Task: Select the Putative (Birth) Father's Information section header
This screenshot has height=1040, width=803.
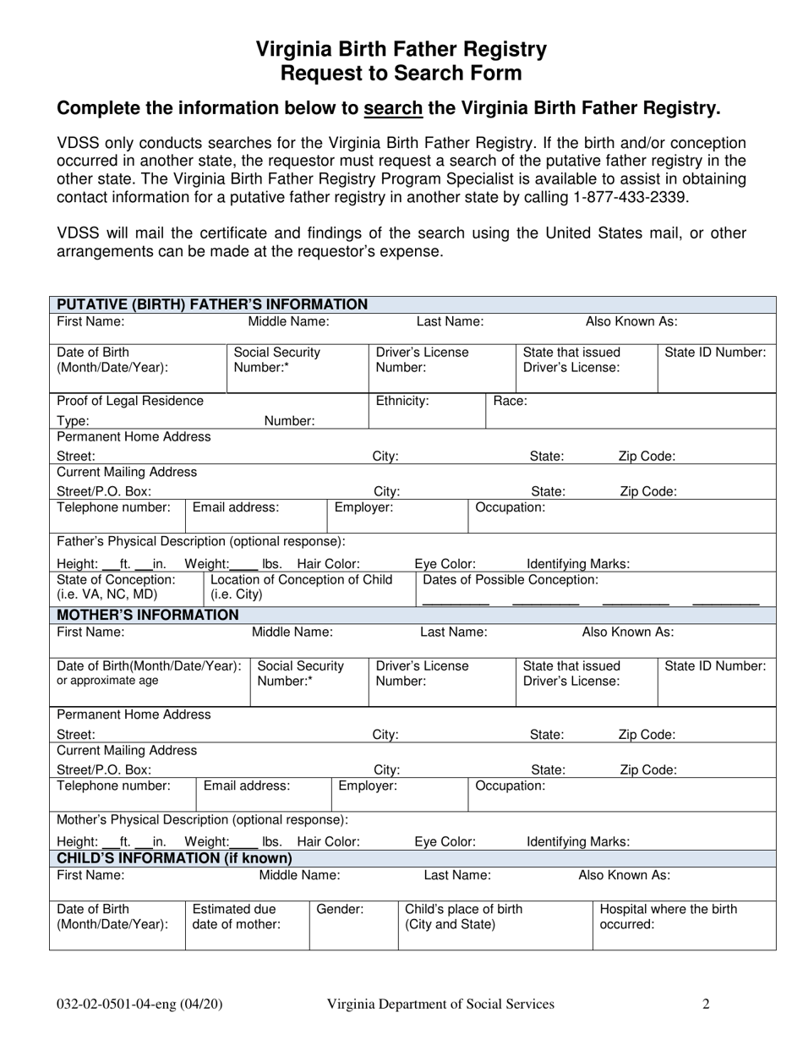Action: click(211, 304)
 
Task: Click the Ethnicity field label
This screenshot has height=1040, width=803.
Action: click(402, 401)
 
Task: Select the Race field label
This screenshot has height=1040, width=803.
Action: click(510, 401)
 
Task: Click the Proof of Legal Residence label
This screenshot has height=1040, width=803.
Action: click(130, 401)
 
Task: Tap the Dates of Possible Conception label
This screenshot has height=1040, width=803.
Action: click(510, 580)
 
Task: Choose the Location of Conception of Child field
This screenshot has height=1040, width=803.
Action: click(301, 587)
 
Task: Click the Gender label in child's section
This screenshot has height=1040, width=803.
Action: click(340, 910)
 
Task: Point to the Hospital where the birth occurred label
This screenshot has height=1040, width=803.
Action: click(668, 917)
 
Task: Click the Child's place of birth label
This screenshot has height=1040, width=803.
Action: click(464, 917)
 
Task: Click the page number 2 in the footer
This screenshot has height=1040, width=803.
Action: click(706, 1004)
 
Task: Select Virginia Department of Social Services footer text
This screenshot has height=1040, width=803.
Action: click(441, 1004)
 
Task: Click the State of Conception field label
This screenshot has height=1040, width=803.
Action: click(116, 587)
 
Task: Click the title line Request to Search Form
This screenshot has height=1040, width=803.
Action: click(401, 74)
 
